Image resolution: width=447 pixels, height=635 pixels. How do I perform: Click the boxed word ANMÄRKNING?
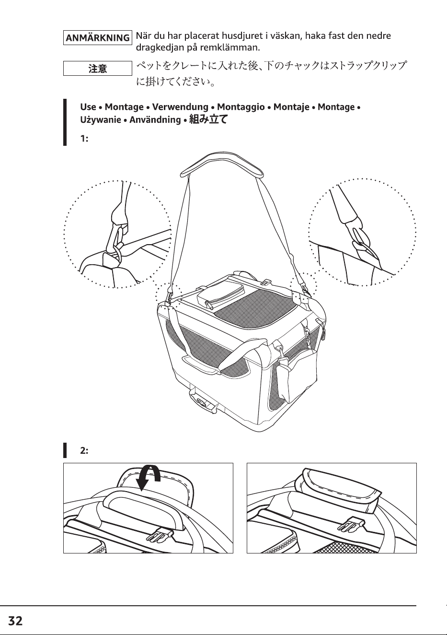[97, 38]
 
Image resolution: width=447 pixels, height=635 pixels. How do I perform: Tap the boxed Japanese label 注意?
[97, 69]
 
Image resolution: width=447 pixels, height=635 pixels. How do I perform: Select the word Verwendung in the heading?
[180, 107]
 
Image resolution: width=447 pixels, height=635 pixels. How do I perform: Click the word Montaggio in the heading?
[241, 107]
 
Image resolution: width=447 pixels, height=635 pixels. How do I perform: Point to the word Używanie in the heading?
[100, 119]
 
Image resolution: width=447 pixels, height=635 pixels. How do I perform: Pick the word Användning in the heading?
[155, 119]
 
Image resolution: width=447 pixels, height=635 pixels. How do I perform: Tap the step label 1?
[84, 139]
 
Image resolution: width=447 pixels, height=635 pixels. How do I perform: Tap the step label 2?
[84, 450]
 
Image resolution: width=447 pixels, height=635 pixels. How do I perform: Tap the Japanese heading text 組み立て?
[208, 119]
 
